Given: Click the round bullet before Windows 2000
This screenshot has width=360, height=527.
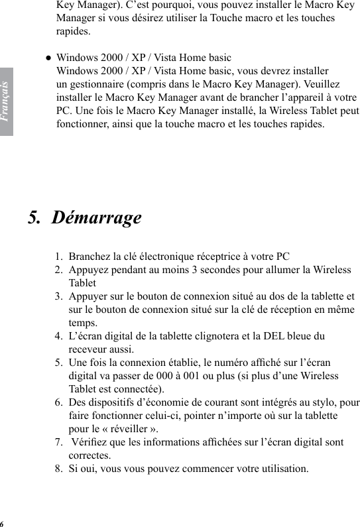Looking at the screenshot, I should tap(48, 58).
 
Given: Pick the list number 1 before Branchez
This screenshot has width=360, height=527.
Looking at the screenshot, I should tap(59, 257).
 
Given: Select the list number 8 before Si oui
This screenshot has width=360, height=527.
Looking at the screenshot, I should tap(59, 469).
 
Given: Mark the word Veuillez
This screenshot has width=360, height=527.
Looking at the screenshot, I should tap(321, 84).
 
